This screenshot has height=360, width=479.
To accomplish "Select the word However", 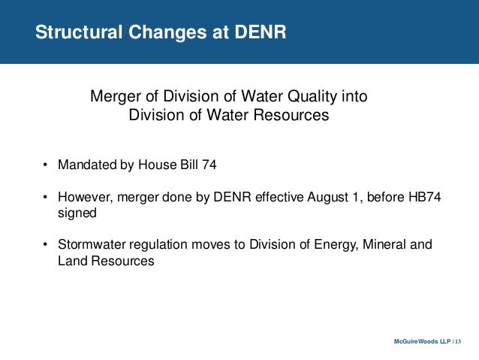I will tap(85, 198).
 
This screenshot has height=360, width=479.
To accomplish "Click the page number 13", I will tap(459, 343).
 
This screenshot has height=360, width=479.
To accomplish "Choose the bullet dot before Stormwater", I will tap(45, 247).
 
